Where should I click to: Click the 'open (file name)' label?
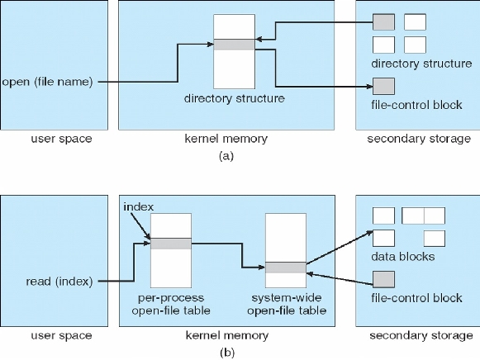pyautogui.click(x=47, y=82)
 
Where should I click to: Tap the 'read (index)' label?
pyautogui.click(x=59, y=282)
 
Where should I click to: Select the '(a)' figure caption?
pyautogui.click(x=226, y=156)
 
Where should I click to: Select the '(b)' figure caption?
pyautogui.click(x=227, y=353)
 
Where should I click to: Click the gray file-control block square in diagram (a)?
pyautogui.click(x=383, y=86)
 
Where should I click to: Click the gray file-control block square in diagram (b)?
pyautogui.click(x=383, y=279)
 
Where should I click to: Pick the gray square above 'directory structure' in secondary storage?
pyautogui.click(x=383, y=21)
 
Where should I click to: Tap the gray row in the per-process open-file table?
pyautogui.click(x=171, y=244)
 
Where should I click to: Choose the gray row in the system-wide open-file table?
pyautogui.click(x=286, y=268)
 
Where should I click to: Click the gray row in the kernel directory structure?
pyautogui.click(x=234, y=45)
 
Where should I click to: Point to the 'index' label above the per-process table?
pyautogui.click(x=138, y=207)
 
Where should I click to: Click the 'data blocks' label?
pyautogui.click(x=403, y=256)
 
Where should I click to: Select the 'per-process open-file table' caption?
pyautogui.click(x=171, y=305)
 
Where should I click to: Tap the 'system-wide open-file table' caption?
pyautogui.click(x=287, y=305)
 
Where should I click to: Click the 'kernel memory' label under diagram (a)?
pyautogui.click(x=226, y=139)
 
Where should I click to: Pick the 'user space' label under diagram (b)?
pyautogui.click(x=61, y=335)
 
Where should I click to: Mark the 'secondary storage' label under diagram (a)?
pyautogui.click(x=419, y=139)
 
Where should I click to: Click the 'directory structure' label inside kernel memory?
pyautogui.click(x=234, y=98)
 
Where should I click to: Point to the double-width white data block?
pyautogui.click(x=424, y=216)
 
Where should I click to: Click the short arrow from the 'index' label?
pyautogui.click(x=140, y=226)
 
